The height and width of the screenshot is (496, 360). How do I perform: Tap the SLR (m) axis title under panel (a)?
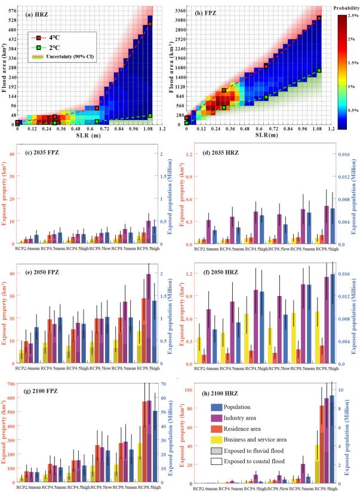(x=88, y=135)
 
